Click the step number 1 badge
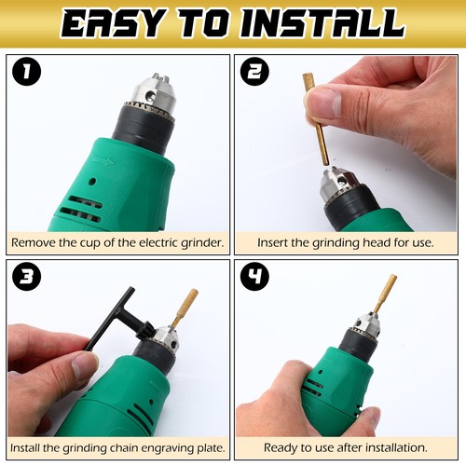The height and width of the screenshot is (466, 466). (x=26, y=72)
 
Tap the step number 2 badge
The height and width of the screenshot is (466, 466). (x=254, y=72)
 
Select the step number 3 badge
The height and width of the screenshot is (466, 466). (x=26, y=276)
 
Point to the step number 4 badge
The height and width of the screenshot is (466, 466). (x=254, y=276)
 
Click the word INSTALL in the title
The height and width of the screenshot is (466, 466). (x=323, y=23)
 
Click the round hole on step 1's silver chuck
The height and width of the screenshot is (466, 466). (x=152, y=95)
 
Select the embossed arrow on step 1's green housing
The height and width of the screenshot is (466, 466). (x=104, y=161)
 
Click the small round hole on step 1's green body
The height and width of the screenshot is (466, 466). (x=91, y=181)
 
